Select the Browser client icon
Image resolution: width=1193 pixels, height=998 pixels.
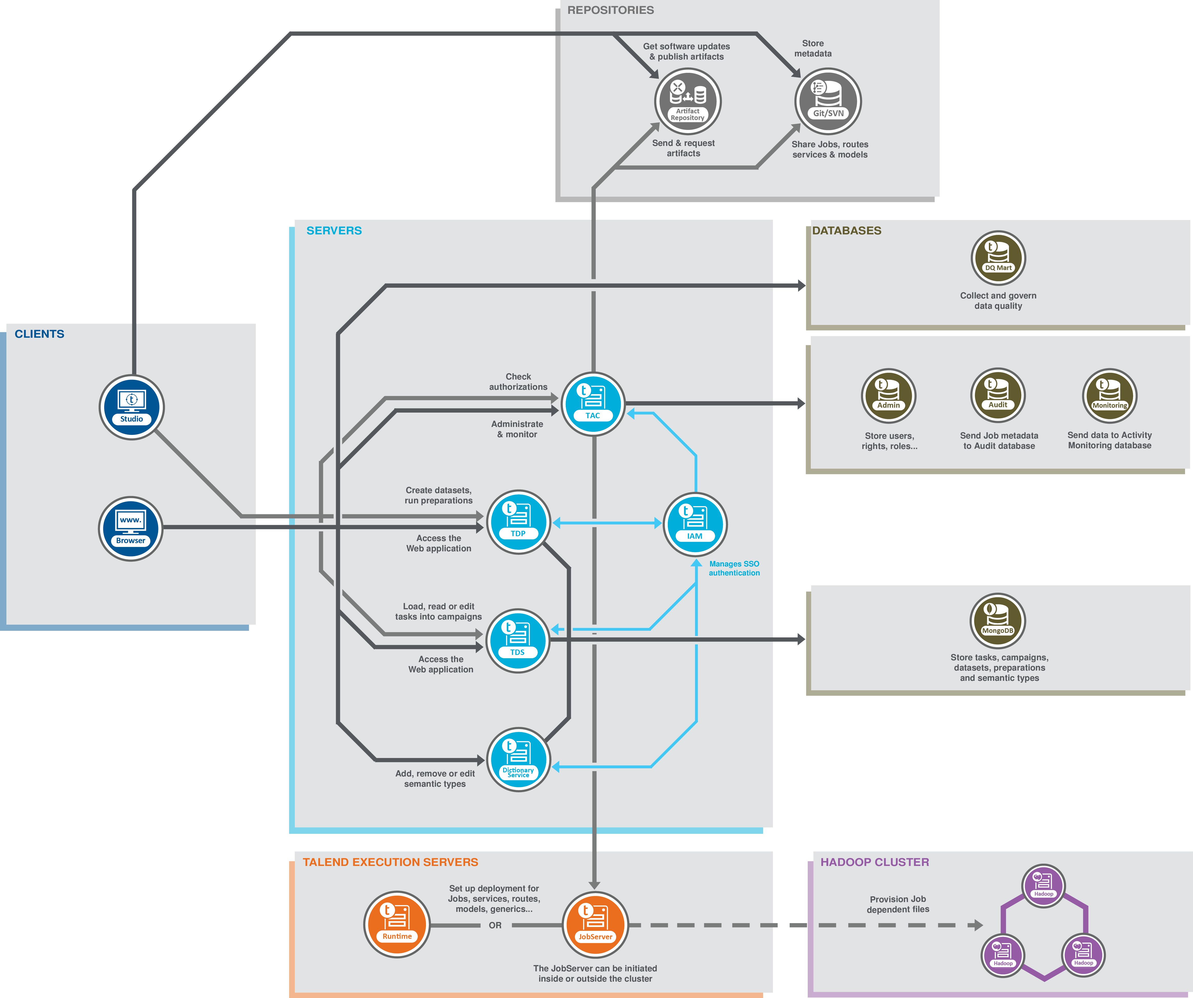(131, 528)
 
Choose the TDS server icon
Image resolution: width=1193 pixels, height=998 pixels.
(518, 641)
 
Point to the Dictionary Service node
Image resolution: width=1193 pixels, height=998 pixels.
(518, 759)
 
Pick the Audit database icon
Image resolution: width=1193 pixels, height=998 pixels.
(998, 395)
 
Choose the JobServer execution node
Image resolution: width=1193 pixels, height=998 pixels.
(595, 925)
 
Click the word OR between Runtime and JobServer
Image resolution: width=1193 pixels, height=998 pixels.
(495, 925)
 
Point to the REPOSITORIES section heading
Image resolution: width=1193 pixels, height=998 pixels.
(611, 10)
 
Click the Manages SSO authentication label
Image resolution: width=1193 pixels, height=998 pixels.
(734, 568)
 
